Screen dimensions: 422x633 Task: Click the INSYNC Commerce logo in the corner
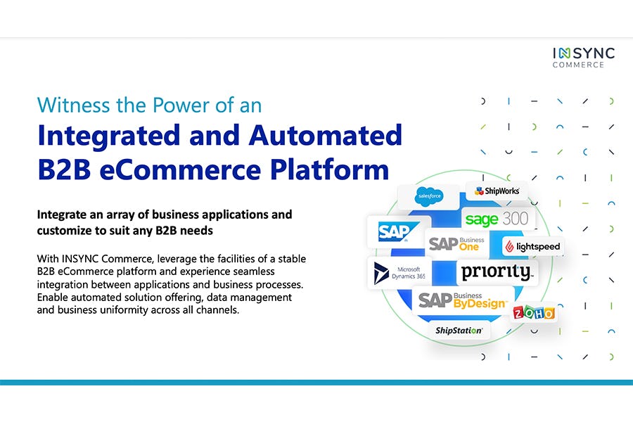[x=583, y=57]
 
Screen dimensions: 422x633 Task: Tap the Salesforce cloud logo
[x=428, y=196]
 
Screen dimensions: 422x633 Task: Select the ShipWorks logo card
[x=497, y=191]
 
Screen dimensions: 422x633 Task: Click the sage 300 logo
[x=497, y=219]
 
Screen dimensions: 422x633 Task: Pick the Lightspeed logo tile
[x=532, y=247]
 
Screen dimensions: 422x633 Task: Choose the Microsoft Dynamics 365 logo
[x=399, y=273]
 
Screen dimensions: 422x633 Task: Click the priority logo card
[x=497, y=272]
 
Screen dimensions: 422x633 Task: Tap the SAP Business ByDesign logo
[x=462, y=300]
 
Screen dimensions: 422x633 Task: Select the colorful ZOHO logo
[x=533, y=313]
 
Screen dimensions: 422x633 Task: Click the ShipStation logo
[x=459, y=330]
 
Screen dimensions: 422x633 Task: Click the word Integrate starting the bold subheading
[x=65, y=214]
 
